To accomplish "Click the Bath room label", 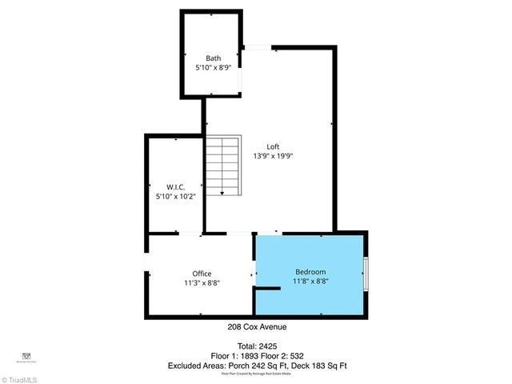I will coord(213,58).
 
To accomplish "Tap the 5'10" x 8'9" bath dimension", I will coord(213,68).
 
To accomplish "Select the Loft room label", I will coord(274,146).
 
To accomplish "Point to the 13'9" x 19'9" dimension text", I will coord(274,157).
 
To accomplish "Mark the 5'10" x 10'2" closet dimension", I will coord(176,195).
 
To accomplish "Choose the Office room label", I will coord(202,274).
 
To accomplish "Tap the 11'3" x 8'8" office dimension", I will coord(202,283).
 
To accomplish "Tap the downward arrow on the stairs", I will coord(222,191).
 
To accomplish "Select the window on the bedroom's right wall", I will coord(366,274).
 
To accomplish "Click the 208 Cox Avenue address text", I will coord(257,326).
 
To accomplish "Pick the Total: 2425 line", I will coord(257,346).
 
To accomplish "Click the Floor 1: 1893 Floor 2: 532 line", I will coord(257,355).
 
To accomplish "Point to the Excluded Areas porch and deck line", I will coord(257,366).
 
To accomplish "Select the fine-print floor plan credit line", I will coord(257,374).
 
